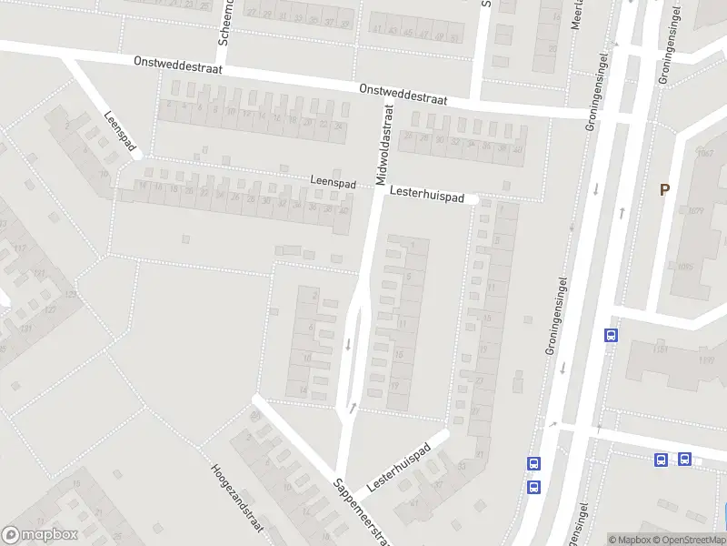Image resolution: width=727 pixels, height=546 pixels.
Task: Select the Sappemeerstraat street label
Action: tap(363, 513)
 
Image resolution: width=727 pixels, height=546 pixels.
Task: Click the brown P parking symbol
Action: tap(664, 189)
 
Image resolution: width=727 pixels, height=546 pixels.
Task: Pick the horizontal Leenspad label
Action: tap(333, 182)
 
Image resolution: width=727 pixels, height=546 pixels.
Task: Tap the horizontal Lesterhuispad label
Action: tap(427, 195)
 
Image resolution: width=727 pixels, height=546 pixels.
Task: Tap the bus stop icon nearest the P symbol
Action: tap(611, 335)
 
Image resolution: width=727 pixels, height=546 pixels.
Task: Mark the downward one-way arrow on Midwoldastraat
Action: tap(347, 344)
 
